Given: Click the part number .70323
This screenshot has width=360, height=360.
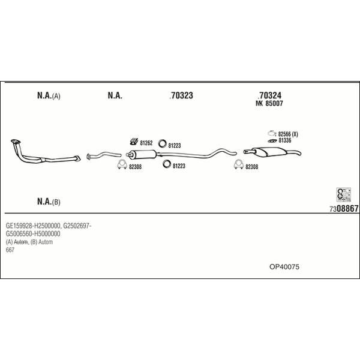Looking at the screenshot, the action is coord(181,95).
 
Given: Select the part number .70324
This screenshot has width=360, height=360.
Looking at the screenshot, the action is coord(269,95).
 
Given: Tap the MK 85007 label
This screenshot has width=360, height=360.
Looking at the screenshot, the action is coord(269,103).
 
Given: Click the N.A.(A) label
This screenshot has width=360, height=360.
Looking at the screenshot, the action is coord(49,96).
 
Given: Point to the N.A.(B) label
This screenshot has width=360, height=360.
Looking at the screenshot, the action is coord(49,202).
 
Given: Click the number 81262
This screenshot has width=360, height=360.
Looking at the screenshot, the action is coord(146,143).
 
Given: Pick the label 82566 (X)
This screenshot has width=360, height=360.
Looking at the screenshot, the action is coord(288,134).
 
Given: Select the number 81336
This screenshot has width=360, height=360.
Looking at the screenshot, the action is coord(284,140).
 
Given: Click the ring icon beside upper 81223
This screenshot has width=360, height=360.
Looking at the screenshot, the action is coord(163,143).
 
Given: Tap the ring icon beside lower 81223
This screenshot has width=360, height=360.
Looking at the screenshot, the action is coord(166,164).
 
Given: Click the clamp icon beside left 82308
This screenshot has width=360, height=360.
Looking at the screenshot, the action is coord(122,164).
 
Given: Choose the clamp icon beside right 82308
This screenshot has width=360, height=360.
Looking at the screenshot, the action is coord(239,164).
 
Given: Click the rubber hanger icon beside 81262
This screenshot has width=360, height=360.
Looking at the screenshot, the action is coord(134,142).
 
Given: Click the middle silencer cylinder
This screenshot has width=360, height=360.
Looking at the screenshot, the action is coord(143,154).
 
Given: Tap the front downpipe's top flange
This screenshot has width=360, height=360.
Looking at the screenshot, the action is coord(16,141).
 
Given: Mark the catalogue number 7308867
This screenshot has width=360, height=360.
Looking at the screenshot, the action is coord(344,209).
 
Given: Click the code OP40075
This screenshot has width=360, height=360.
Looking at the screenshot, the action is coord(284,267).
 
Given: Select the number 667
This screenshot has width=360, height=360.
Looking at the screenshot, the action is coord(10,250).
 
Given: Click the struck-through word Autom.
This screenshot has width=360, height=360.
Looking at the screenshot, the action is coord(21,242).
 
